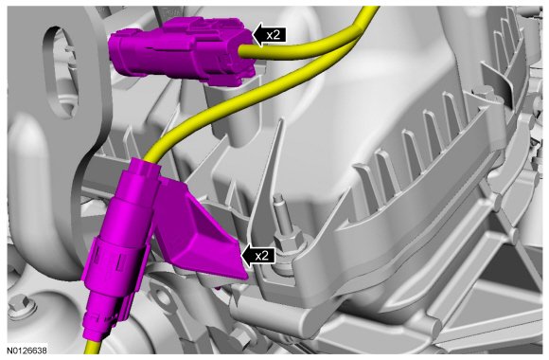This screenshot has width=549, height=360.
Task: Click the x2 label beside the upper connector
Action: click(274, 35)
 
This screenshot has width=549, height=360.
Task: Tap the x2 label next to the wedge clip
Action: click(261, 256)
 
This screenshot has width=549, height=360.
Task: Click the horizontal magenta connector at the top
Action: click(182, 51)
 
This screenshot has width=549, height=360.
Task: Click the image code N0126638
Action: click(27, 350)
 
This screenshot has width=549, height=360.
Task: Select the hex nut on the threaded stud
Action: click(287, 242)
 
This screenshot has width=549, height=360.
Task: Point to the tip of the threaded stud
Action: click(278, 196)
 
